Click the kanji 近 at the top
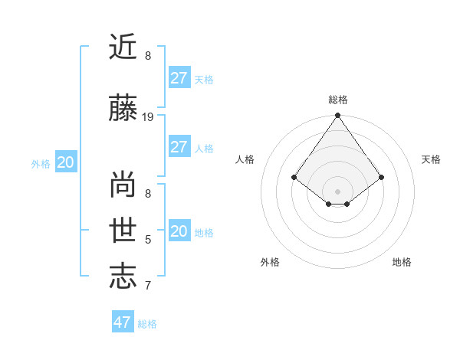pyautogui.click(x=124, y=47)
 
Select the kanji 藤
pyautogui.click(x=124, y=110)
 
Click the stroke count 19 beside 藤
pyautogui.click(x=148, y=117)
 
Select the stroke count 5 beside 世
pyautogui.click(x=148, y=240)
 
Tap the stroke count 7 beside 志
pyautogui.click(x=148, y=286)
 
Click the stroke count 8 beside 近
pyautogui.click(x=148, y=56)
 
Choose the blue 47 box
pyautogui.click(x=122, y=322)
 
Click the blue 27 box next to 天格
pyautogui.click(x=179, y=78)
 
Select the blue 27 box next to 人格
pyautogui.click(x=179, y=147)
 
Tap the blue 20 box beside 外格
pyautogui.click(x=66, y=162)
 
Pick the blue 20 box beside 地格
pyautogui.click(x=179, y=231)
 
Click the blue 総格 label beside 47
pyautogui.click(x=147, y=324)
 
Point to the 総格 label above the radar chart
pyautogui.click(x=338, y=100)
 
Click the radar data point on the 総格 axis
pyautogui.click(x=338, y=116)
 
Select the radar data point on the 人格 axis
pyautogui.click(x=294, y=177)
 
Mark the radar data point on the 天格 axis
pyautogui.click(x=382, y=177)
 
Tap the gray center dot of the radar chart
pyautogui.click(x=338, y=191)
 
